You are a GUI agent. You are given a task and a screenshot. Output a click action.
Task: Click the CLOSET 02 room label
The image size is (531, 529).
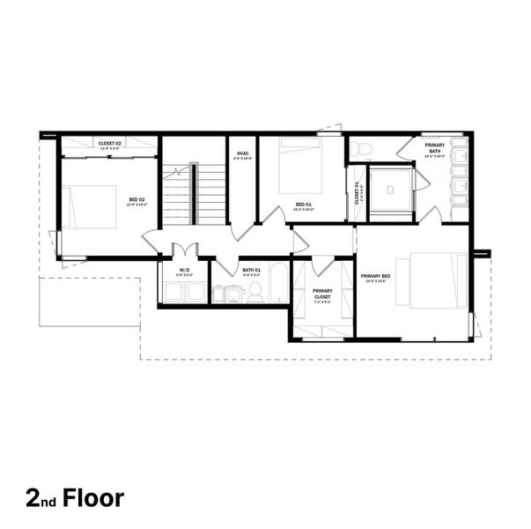pos(108,142)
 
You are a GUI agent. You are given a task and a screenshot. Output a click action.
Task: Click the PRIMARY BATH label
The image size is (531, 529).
pos(434,147)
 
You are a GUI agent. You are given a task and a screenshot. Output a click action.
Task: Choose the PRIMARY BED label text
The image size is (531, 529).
pos(376,276)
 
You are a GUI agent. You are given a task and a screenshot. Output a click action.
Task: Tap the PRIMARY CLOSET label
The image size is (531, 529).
pos(322,294)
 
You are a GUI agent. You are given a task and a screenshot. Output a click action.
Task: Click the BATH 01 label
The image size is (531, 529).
pos(253,272)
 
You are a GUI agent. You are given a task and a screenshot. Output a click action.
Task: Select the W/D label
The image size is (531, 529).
pos(184,272)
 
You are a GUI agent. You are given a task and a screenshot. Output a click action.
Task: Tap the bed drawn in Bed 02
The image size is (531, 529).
pos(89,206)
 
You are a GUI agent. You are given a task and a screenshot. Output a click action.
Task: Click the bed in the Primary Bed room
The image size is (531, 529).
pos(431,280)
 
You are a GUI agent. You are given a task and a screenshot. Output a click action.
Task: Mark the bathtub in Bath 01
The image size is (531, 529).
pos(278,282)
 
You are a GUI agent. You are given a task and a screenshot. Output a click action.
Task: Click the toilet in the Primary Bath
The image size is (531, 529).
pos(364,149)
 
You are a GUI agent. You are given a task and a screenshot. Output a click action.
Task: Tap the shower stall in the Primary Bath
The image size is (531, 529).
pos(388,193)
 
